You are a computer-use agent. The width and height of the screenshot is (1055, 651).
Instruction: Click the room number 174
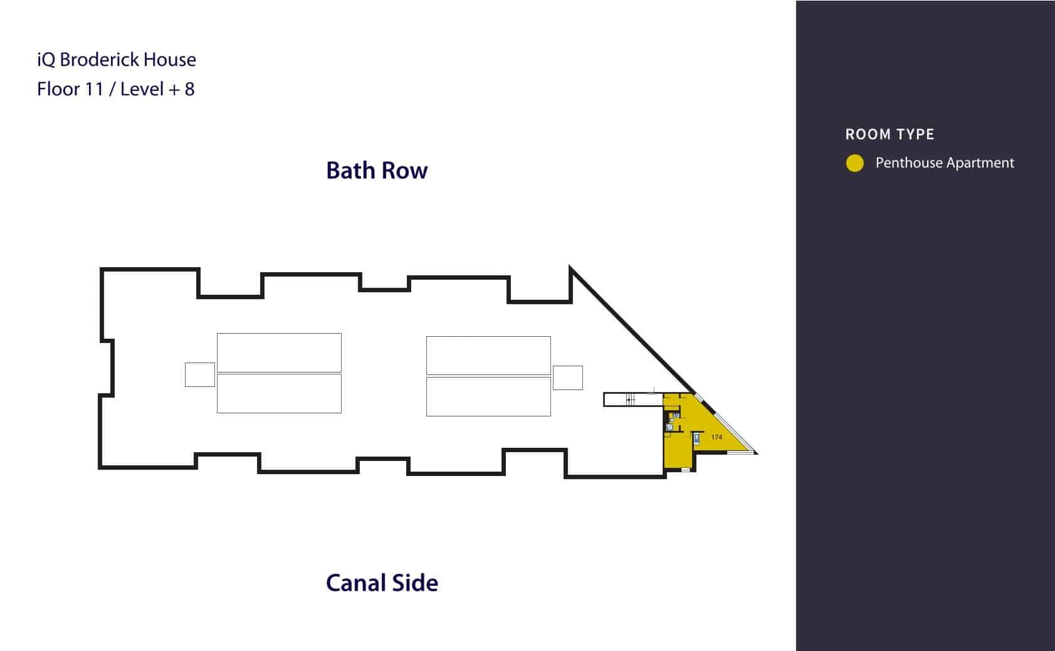717,437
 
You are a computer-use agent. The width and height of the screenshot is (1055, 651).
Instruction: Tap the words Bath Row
377,171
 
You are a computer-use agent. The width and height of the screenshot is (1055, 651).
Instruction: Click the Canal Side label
382,583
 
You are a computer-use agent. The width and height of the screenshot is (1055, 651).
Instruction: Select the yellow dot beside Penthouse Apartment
855,163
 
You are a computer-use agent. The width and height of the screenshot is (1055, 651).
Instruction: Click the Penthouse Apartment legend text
944,163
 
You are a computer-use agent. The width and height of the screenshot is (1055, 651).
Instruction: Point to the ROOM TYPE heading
890,134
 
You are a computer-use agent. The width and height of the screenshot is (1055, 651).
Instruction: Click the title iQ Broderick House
117,60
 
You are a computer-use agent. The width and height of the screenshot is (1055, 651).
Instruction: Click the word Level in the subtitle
142,89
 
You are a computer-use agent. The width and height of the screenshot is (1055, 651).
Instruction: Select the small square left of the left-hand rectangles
200,374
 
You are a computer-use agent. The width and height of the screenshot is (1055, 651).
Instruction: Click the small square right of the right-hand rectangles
567,378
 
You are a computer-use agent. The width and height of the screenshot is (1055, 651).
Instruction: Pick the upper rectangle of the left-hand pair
280,353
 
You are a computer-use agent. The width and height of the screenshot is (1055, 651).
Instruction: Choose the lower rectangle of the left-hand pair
280,393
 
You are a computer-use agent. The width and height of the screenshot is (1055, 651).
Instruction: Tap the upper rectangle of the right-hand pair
488,356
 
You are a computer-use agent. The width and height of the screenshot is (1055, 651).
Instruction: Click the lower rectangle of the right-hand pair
488,396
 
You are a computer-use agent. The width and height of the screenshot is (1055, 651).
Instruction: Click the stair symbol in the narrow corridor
631,400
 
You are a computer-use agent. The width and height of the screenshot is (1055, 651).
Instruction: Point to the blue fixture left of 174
696,438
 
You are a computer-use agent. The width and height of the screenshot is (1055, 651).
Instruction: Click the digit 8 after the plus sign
189,89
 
